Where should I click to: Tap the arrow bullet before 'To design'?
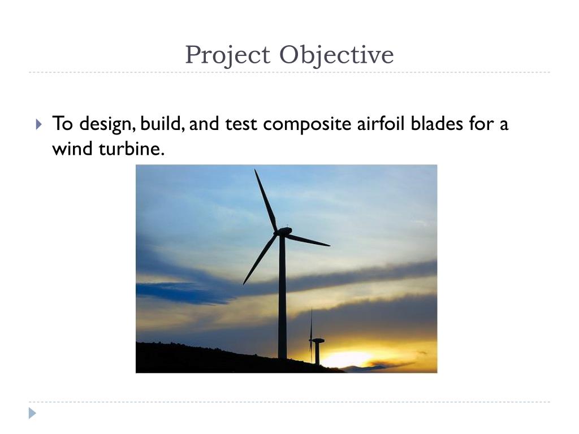38,124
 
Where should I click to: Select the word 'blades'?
438,123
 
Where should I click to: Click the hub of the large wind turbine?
282,232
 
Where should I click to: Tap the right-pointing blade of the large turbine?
308,240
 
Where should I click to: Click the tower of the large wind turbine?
282,300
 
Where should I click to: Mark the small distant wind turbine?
316,345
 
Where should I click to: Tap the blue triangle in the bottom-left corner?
33,413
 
